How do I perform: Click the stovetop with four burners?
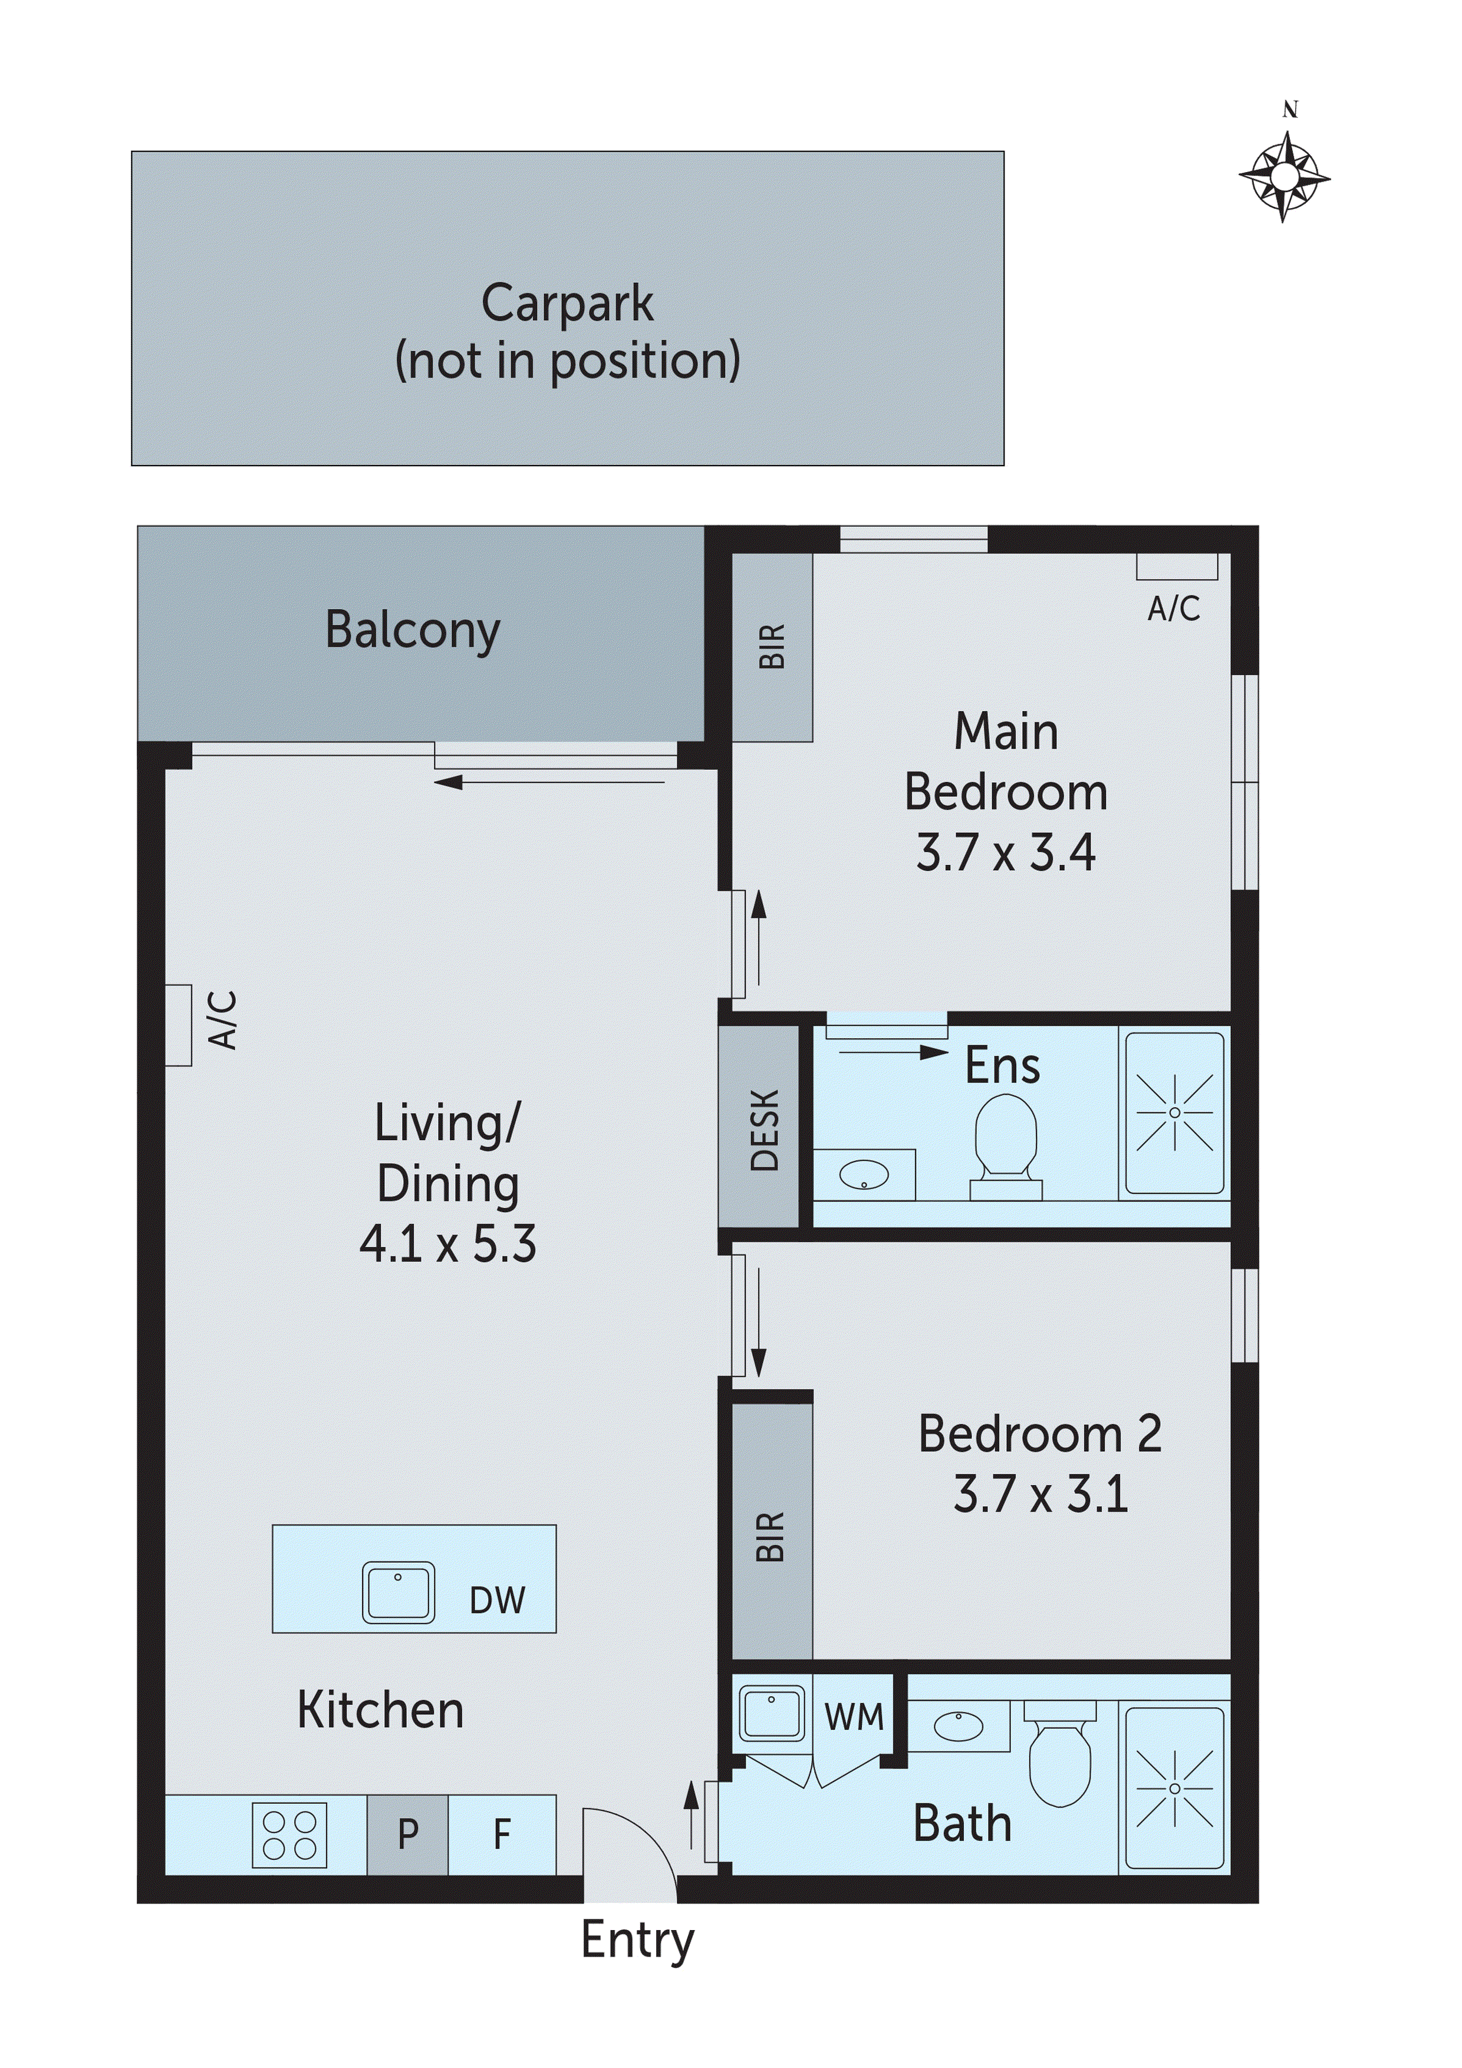(x=289, y=1836)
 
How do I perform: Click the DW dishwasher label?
(x=497, y=1601)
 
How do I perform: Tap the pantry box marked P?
(x=407, y=1834)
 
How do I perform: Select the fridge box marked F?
(x=502, y=1834)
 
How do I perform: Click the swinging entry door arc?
(x=631, y=1838)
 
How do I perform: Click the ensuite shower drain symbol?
(x=1175, y=1113)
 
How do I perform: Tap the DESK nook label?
(x=764, y=1130)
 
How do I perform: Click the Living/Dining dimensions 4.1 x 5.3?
(x=447, y=1244)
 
